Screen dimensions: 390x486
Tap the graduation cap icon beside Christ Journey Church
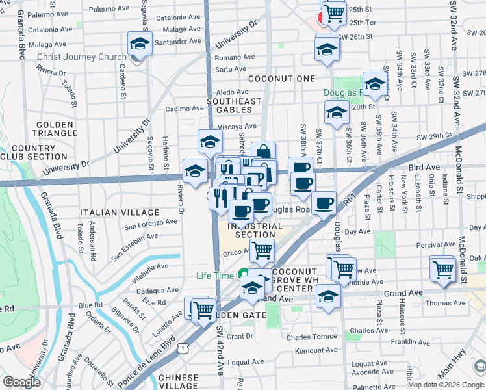(140, 44)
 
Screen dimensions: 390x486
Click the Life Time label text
(214, 276)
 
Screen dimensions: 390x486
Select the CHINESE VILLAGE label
(178, 382)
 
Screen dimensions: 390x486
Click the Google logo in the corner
(22, 382)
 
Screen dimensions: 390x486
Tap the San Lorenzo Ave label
(151, 225)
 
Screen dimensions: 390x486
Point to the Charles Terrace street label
(312, 336)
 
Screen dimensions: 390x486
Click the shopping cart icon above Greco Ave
(262, 249)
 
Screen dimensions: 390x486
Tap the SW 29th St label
(434, 136)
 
